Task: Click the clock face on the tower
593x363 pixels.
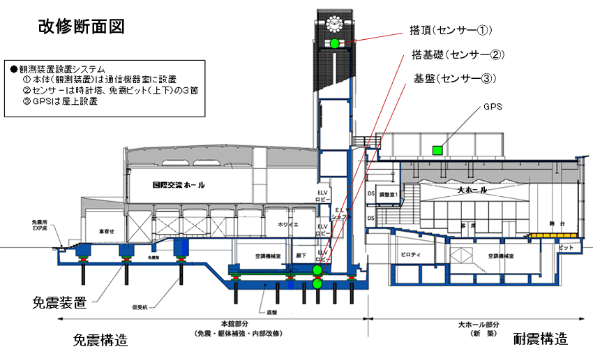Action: [335, 24]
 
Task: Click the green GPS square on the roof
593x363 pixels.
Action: [438, 149]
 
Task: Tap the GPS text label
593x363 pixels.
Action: [493, 108]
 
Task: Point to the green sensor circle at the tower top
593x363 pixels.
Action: [335, 43]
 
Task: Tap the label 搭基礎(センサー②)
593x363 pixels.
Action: [458, 54]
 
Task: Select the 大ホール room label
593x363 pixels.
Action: [472, 190]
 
